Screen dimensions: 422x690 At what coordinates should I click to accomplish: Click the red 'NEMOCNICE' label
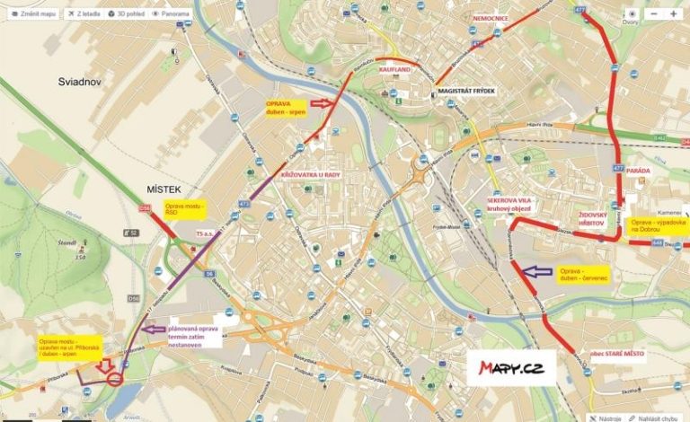(491, 17)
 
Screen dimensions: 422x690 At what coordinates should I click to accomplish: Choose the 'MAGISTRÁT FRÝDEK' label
(467, 92)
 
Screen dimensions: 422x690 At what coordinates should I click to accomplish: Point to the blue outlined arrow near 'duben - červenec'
(539, 270)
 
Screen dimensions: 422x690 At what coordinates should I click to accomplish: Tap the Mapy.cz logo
(510, 367)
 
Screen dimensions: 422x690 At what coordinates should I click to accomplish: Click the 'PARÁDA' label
(638, 171)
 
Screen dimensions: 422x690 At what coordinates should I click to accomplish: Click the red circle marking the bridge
(115, 379)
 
